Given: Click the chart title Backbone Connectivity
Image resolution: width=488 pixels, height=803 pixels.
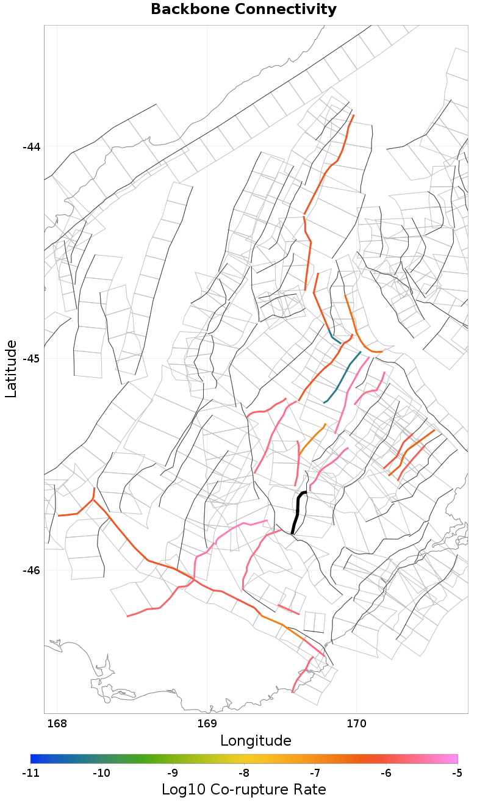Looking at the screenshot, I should pos(243,10).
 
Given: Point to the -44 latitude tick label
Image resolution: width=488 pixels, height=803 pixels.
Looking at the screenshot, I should pos(31,147).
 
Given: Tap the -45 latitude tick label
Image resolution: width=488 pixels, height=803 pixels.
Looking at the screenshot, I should pos(31,358).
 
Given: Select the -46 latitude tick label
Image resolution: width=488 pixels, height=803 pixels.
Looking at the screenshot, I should pos(31,570).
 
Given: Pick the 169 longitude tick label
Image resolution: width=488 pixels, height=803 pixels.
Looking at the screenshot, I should pos(207,724).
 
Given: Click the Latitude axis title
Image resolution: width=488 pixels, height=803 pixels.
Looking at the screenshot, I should pos(12,369).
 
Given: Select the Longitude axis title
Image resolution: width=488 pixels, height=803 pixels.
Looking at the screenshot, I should pos(256,741).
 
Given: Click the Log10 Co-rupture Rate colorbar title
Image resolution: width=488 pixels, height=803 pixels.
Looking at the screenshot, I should pos(243,789).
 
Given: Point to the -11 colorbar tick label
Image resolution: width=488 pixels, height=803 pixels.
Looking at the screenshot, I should pos(30,773).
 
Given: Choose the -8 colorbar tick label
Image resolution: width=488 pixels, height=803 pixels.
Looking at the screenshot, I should pos(244,773).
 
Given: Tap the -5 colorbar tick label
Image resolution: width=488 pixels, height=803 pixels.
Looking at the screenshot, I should pos(457,773).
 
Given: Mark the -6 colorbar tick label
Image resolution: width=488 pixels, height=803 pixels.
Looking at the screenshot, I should pos(386,773).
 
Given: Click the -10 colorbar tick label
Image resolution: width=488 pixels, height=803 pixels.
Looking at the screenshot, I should pos(101,773).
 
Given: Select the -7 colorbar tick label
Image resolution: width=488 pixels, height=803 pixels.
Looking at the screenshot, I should pos(315,773).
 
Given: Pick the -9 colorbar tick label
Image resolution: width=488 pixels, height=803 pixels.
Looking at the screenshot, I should pos(173,773).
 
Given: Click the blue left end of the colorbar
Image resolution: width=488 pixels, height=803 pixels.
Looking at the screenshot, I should pos(34,758).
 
